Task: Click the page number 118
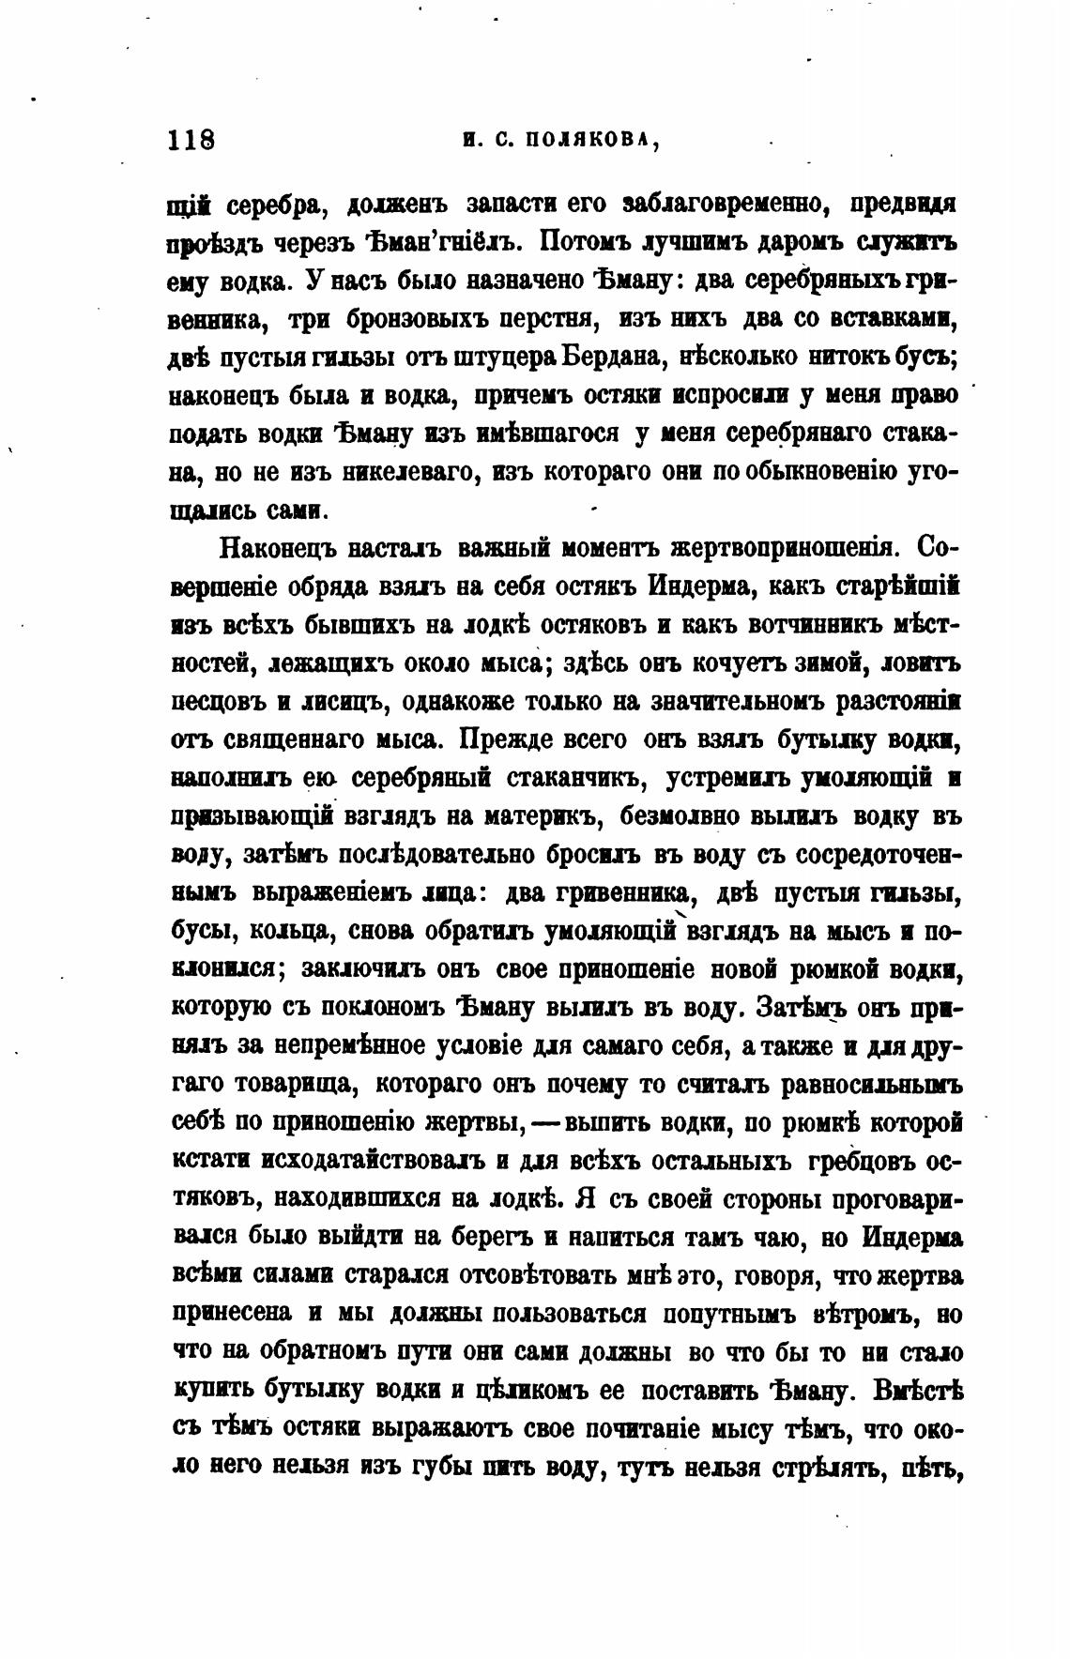pyautogui.click(x=191, y=140)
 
